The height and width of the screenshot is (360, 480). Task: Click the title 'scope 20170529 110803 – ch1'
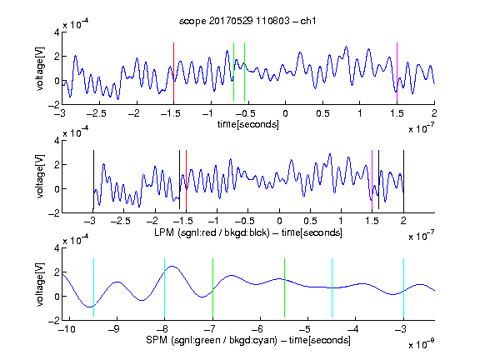click(247, 21)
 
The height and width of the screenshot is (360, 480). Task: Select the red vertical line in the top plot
click(173, 72)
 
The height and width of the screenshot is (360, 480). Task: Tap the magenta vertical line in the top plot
click(397, 72)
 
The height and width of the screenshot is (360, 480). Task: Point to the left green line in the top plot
click(233, 72)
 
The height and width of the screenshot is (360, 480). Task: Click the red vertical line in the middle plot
click(186, 180)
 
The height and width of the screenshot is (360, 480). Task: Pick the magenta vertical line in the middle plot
click(372, 180)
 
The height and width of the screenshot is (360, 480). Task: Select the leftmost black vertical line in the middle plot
click(93, 180)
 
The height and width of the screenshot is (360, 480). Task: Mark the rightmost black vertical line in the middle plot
click(403, 180)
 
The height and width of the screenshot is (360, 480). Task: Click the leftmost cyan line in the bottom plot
click(93, 287)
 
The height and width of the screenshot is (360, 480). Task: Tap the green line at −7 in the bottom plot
click(212, 287)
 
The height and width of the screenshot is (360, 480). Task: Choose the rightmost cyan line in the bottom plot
click(403, 287)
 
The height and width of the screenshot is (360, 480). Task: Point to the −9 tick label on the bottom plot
click(115, 329)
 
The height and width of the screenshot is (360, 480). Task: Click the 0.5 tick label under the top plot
click(322, 113)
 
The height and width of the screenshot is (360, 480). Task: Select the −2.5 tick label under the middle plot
click(120, 221)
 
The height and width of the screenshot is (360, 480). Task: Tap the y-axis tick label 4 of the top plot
click(57, 32)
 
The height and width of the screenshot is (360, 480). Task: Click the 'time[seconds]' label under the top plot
click(248, 124)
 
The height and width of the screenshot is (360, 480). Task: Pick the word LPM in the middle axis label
click(164, 232)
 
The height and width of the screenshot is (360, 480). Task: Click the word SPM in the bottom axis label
click(157, 340)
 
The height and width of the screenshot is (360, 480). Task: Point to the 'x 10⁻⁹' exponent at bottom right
click(422, 344)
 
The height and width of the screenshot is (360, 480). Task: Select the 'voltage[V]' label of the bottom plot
click(40, 284)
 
